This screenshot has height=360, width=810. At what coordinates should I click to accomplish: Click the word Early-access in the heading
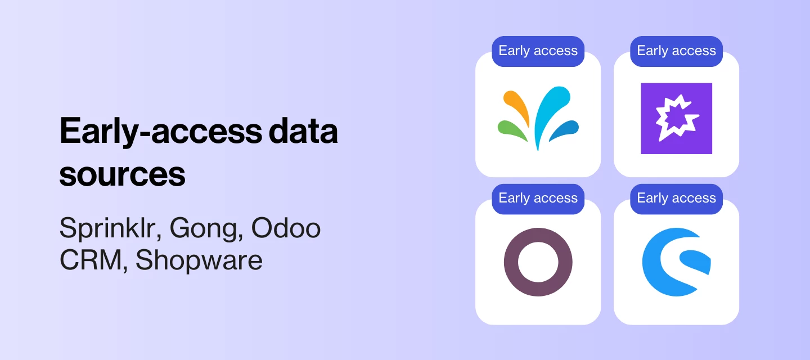pyautogui.click(x=160, y=132)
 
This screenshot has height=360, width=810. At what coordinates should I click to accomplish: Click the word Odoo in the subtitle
pyautogui.click(x=286, y=228)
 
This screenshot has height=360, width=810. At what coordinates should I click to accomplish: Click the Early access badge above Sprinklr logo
pyautogui.click(x=538, y=51)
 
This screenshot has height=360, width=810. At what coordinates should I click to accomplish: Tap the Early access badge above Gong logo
pyautogui.click(x=676, y=51)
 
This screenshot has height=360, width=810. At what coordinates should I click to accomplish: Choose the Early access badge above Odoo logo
pyautogui.click(x=538, y=199)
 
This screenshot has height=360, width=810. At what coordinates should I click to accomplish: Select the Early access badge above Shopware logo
pyautogui.click(x=676, y=199)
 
